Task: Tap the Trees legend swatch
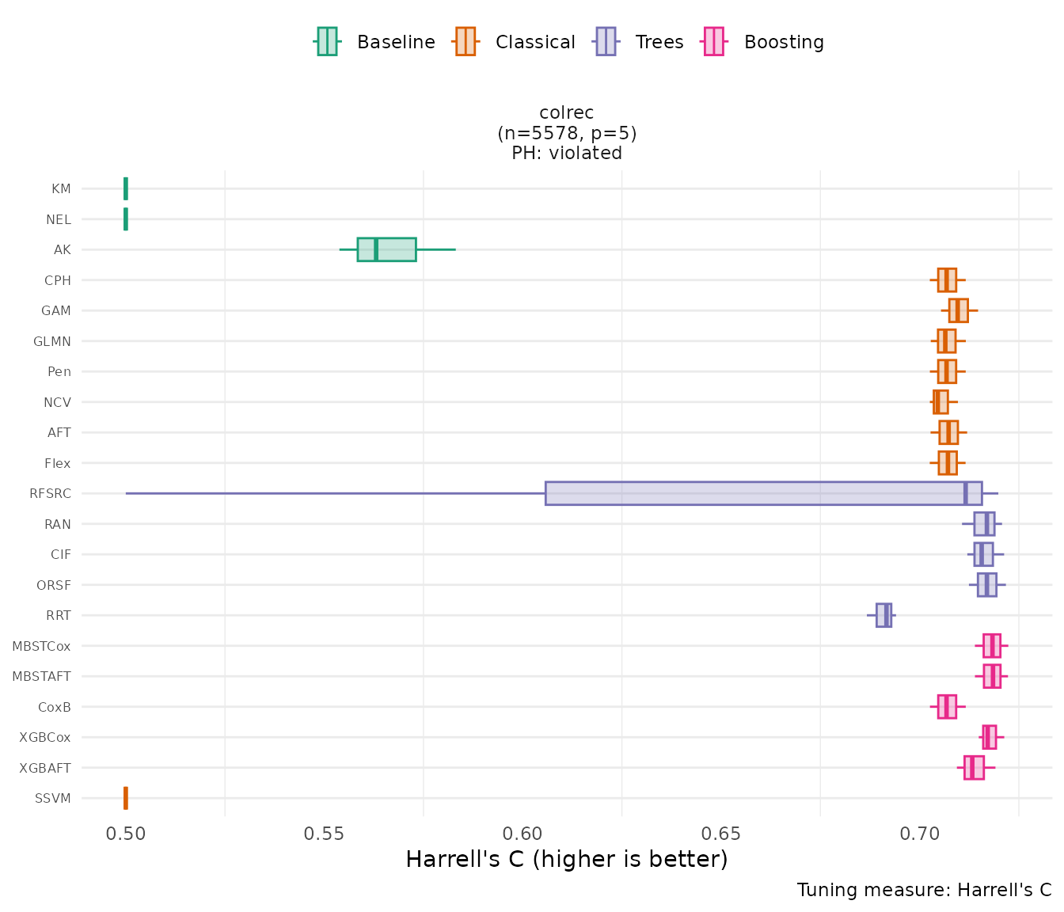click(x=606, y=41)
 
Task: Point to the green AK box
click(x=386, y=249)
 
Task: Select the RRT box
click(x=883, y=615)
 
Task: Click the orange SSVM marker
click(x=126, y=798)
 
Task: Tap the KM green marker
click(x=126, y=189)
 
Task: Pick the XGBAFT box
click(x=974, y=768)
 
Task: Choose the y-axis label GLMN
click(x=52, y=341)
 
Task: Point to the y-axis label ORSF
click(x=54, y=585)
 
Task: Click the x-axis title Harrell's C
click(x=566, y=859)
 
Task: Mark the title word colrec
click(x=566, y=113)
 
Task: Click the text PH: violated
click(x=566, y=153)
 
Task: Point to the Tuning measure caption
click(x=924, y=890)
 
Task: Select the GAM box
click(x=958, y=310)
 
